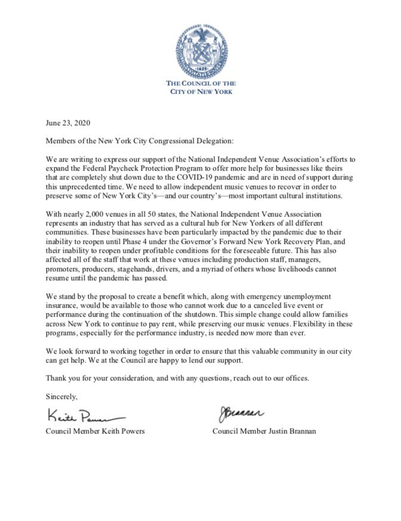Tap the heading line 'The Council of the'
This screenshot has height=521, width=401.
(201, 83)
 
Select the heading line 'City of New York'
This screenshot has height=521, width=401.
(201, 92)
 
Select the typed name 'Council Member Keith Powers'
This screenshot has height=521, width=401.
(95, 431)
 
